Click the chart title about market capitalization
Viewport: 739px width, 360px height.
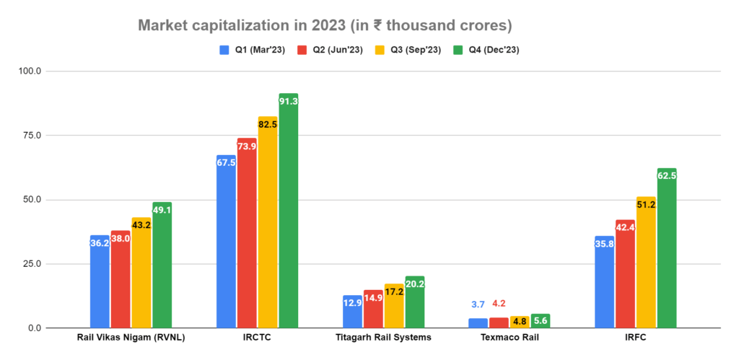pyautogui.click(x=325, y=26)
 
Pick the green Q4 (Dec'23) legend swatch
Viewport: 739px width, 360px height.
pyautogui.click(x=457, y=50)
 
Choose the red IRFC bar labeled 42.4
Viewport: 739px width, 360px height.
pyautogui.click(x=625, y=274)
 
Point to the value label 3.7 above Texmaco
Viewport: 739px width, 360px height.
pyautogui.click(x=478, y=304)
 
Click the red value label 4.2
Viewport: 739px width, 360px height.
pyautogui.click(x=499, y=304)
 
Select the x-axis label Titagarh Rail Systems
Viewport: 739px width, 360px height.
pyautogui.click(x=383, y=338)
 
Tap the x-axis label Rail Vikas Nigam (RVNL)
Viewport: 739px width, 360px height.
pyautogui.click(x=131, y=338)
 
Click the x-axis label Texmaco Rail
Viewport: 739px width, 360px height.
pyautogui.click(x=510, y=338)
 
